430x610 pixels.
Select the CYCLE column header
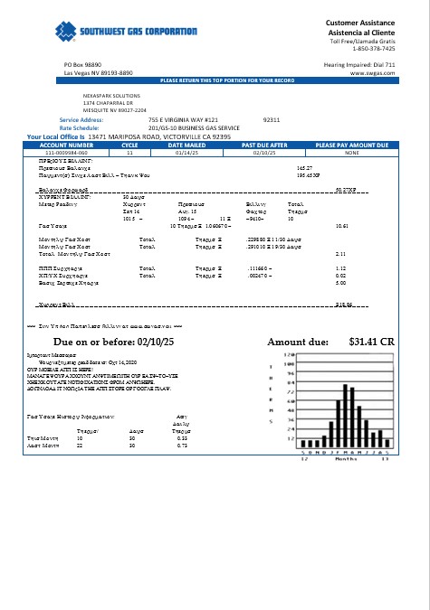129,145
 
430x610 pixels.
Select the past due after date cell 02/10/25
263,153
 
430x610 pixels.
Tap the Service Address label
81,119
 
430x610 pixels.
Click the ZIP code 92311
271,119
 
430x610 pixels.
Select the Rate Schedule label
79,127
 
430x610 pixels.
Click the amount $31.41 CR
372,343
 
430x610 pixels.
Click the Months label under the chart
347,459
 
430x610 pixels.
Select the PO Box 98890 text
82,66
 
